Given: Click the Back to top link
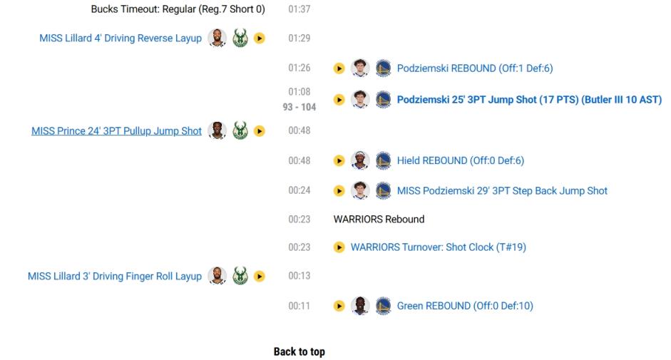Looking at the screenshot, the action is (299, 351).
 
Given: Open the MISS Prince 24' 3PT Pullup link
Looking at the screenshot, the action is (116, 131).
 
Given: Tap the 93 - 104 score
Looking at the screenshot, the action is (299, 107).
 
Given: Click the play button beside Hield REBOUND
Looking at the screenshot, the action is (339, 161).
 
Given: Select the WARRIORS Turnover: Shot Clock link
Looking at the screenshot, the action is (439, 247).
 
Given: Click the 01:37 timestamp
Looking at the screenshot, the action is (299, 9).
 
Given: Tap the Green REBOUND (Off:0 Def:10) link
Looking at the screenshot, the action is (465, 306).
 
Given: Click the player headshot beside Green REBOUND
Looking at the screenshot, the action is (360, 306).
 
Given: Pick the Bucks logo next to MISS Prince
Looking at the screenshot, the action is (240, 130).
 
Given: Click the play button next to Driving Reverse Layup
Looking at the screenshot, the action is (260, 38).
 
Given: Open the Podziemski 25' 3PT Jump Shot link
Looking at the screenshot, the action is (529, 100).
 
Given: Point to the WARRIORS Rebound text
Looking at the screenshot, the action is (379, 219).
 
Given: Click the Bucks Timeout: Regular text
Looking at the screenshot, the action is (178, 9).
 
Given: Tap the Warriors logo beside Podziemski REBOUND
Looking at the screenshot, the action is (384, 68).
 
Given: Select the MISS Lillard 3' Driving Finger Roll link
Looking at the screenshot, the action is (115, 276).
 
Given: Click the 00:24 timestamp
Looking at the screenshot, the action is (299, 190).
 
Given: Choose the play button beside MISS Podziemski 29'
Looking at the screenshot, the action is (339, 190).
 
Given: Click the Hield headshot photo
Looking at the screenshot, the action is (360, 160).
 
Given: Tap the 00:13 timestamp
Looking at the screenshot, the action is (299, 276).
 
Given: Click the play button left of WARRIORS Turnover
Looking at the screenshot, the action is (339, 247).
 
